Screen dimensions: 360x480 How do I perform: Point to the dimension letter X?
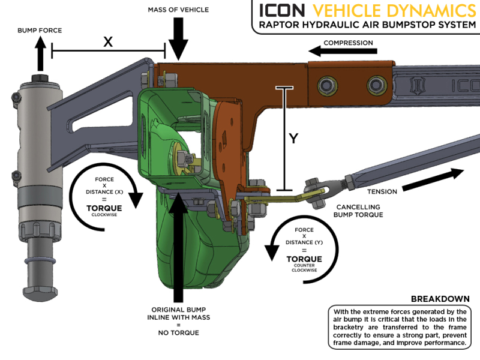click(108, 41)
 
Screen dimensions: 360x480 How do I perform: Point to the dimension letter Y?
click(293, 139)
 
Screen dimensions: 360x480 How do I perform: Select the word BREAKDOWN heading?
click(440, 299)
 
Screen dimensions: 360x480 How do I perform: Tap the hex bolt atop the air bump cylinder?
click(39, 79)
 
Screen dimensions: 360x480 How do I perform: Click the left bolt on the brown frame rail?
click(329, 83)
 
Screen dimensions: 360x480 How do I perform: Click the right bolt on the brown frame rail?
click(377, 83)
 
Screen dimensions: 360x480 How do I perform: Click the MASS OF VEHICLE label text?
click(179, 9)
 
